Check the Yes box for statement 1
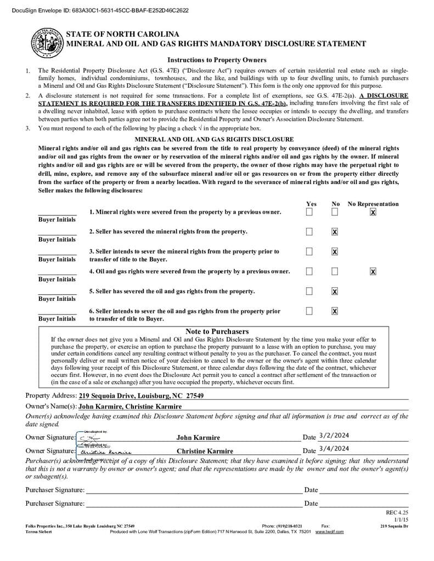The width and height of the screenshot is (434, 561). click(309, 212)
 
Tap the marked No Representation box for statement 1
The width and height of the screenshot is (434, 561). click(373, 212)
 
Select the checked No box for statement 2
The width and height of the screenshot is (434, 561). click(335, 232)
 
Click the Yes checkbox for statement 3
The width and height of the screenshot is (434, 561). click(309, 251)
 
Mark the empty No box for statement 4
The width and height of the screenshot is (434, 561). click(335, 271)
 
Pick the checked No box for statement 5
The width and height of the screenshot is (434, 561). click(335, 291)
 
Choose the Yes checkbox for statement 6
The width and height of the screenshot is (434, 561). click(309, 311)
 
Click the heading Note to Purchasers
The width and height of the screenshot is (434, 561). click(217, 331)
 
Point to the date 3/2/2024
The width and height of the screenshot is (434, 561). click(334, 436)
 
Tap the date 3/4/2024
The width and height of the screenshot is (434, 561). click(334, 449)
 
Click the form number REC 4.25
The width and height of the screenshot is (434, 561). click(397, 512)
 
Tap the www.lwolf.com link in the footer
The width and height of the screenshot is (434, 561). click(329, 531)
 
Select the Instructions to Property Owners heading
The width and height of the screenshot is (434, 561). click(217, 60)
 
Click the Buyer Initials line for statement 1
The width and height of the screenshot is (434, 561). click(57, 213)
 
